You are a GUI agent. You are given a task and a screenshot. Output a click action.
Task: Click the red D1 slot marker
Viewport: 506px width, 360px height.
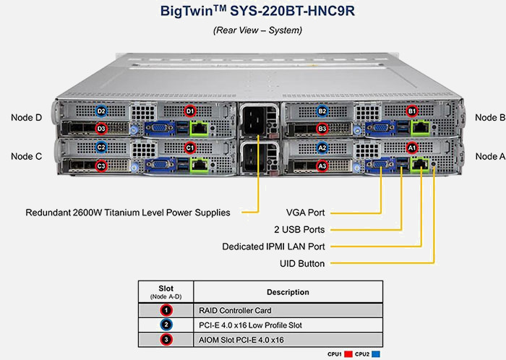tap(190, 111)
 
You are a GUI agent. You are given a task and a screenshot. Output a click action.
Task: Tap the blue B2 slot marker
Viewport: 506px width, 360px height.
tap(322, 111)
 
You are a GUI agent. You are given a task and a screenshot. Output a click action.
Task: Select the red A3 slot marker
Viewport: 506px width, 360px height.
tap(322, 166)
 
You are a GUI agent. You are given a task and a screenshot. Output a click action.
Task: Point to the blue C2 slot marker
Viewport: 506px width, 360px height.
tap(101, 147)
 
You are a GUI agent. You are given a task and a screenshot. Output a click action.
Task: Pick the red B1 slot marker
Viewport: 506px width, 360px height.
tap(412, 111)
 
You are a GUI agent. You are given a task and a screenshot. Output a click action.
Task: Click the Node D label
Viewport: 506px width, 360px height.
tap(27, 117)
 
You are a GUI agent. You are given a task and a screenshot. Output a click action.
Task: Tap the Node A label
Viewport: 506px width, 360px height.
tap(490, 156)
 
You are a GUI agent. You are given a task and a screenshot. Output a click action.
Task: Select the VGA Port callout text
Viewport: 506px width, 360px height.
tap(306, 213)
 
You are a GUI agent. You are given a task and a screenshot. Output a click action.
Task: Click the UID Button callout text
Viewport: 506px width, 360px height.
tap(301, 264)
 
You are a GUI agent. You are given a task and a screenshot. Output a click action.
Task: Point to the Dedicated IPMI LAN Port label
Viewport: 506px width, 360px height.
tap(274, 247)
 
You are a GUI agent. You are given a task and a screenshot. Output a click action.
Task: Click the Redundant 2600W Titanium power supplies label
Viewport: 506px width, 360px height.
tap(128, 213)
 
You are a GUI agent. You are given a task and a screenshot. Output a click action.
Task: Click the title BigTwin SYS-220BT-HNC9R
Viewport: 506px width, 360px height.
tap(257, 12)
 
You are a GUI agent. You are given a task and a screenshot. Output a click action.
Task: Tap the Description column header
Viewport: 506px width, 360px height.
tap(287, 292)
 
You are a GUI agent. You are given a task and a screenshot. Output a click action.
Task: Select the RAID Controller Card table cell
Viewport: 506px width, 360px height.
tap(233, 310)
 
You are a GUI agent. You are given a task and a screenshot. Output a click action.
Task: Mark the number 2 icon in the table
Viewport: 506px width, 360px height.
tap(166, 325)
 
